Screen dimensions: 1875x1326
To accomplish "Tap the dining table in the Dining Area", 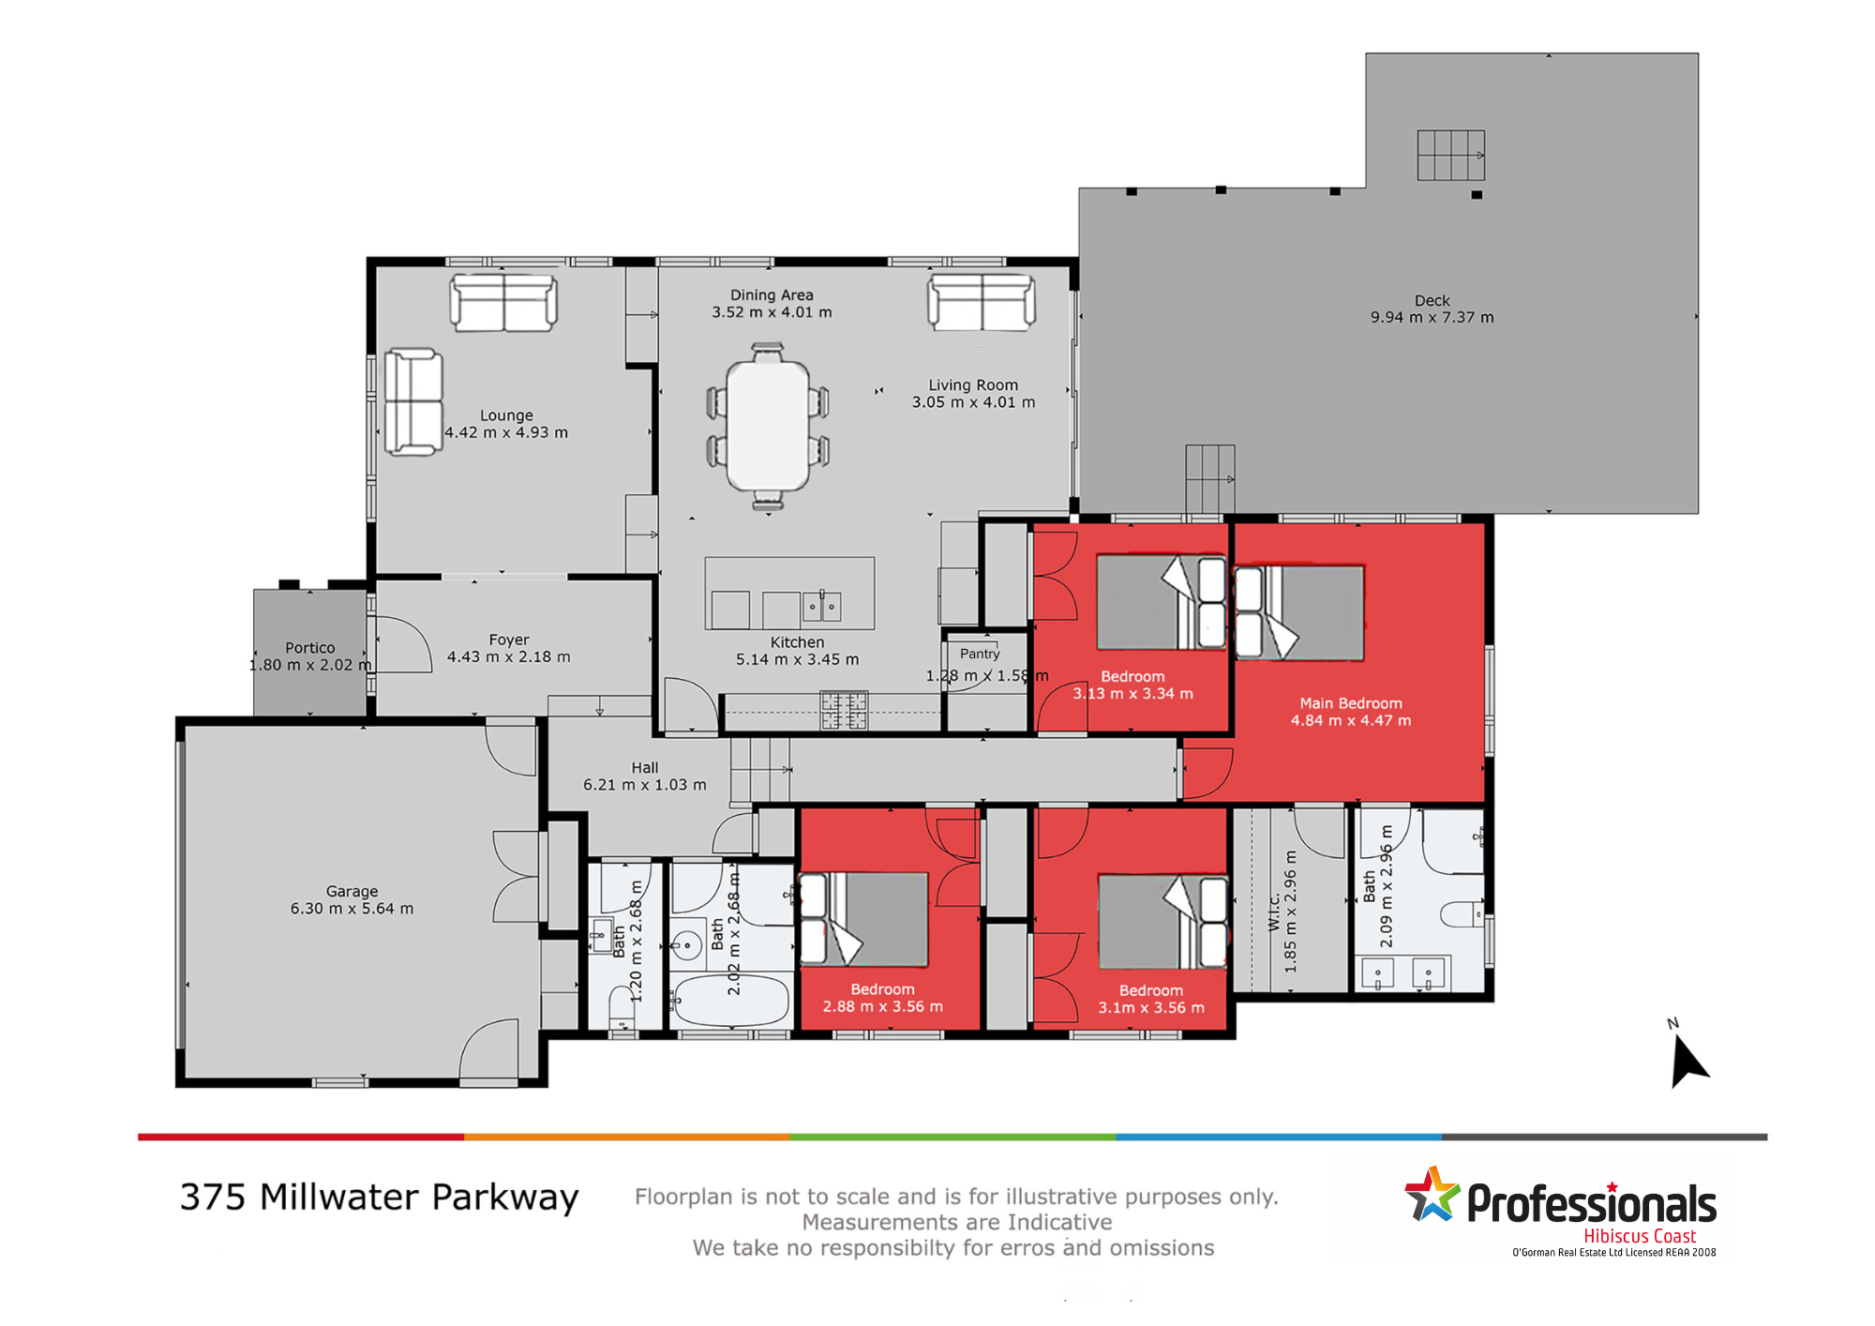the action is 768,427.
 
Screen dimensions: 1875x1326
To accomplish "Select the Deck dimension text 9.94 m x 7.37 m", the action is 1432,318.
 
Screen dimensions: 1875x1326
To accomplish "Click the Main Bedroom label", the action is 1350,703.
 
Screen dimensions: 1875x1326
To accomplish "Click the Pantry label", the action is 980,654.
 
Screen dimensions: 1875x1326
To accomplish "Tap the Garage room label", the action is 352,891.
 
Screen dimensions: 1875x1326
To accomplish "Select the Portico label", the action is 309,648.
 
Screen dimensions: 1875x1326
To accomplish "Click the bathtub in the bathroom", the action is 732,1002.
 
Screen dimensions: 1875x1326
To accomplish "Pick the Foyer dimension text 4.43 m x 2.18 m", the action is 508,657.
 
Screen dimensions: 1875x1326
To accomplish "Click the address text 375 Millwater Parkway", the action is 380,1198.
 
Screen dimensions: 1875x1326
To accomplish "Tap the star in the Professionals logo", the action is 1432,1194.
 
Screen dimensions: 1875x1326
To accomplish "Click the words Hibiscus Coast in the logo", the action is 1640,1236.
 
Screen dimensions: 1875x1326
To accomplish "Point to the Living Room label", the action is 973,385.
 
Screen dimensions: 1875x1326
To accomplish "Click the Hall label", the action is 645,768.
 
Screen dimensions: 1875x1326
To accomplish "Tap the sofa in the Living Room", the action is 982,302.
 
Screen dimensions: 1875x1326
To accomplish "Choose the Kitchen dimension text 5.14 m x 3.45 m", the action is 797,660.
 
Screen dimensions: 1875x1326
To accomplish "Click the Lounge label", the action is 506,415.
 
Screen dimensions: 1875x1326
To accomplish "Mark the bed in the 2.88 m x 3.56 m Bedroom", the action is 863,920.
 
